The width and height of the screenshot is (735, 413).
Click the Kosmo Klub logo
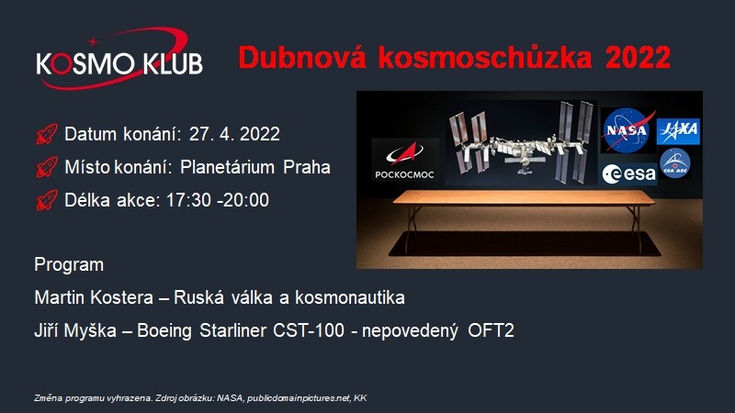point(119,59)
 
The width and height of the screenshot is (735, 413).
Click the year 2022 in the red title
point(638,58)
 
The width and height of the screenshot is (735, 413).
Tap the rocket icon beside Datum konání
point(47,134)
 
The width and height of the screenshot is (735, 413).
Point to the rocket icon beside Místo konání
point(47,167)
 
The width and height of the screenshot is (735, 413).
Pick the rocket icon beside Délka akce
point(47,200)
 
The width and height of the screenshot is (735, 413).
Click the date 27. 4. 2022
point(234,134)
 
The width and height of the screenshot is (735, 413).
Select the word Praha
point(307,167)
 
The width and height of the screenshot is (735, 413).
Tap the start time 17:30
point(188,200)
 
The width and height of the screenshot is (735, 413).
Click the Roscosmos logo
point(405,160)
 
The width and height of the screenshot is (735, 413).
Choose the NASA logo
point(628,130)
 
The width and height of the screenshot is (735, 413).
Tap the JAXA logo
point(678,131)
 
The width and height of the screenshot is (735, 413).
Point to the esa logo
point(629,174)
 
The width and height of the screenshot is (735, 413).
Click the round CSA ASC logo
point(675,163)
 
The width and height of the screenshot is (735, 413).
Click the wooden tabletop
point(524,197)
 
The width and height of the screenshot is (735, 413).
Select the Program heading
point(69,264)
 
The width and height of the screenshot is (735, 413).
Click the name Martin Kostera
point(94,297)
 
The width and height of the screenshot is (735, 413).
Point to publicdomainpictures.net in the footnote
point(299,398)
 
